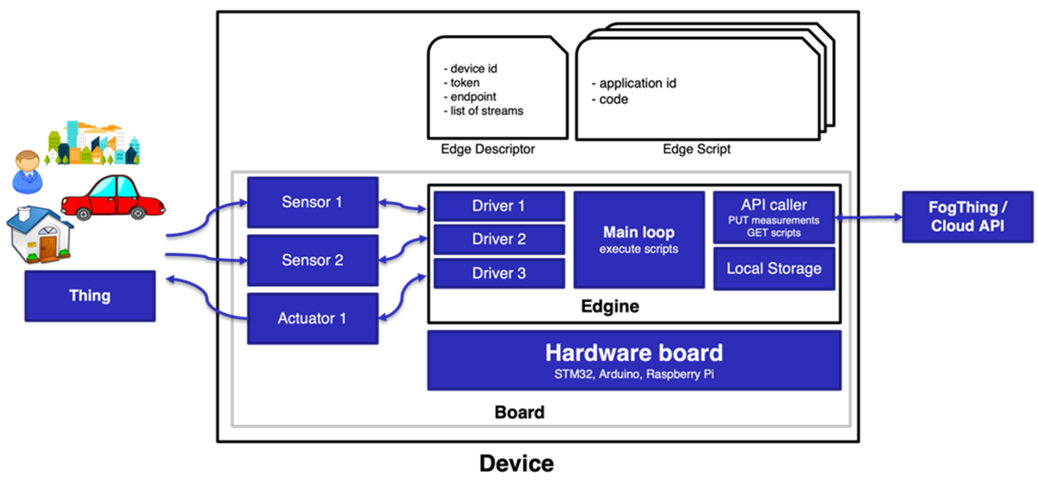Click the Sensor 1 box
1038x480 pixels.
(313, 202)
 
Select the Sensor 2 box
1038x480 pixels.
(313, 260)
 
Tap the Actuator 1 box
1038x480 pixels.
(313, 318)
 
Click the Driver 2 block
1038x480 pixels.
(499, 239)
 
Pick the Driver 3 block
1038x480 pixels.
(499, 273)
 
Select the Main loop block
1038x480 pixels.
(639, 240)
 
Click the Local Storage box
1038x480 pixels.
(774, 268)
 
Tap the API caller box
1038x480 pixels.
(774, 217)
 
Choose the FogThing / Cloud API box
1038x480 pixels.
(967, 217)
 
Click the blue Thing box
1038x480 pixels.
(90, 296)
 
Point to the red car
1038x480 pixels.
(113, 198)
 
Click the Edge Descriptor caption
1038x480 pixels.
(488, 149)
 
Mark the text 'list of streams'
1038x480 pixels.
(486, 111)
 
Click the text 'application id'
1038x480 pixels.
(638, 84)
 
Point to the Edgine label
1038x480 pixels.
(610, 307)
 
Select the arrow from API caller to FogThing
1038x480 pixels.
(868, 217)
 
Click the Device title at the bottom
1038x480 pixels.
(516, 463)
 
